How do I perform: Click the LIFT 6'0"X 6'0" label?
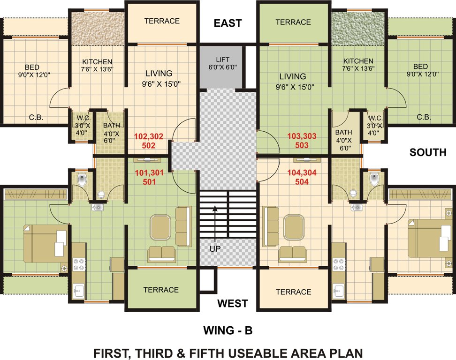pos(222,63)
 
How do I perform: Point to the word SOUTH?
pos(427,152)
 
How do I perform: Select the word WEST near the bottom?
pos(232,304)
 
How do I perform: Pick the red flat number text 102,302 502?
pos(149,141)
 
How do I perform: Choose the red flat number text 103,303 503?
pos(302,141)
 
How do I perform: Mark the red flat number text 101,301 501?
pos(149,177)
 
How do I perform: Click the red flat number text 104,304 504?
pos(302,177)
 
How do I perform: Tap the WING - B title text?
pos(228,330)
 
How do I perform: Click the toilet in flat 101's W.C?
pos(82,179)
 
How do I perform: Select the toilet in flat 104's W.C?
pos(374,179)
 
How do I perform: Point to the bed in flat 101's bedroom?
pos(46,243)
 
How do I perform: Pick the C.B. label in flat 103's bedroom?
pos(424,117)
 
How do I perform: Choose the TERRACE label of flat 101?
pos(161,290)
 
